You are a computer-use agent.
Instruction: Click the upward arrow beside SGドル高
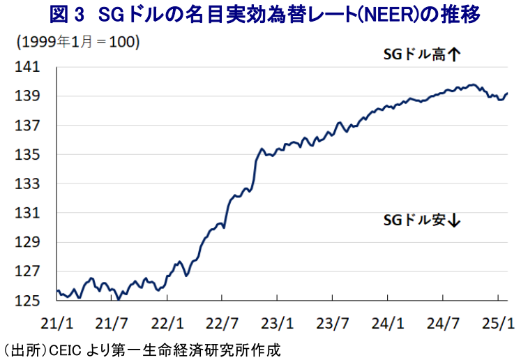pyautogui.click(x=455, y=54)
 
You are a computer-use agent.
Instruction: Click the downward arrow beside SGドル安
pyautogui.click(x=455, y=220)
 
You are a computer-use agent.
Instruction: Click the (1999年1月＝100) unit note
pyautogui.click(x=78, y=42)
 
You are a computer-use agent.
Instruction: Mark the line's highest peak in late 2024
pyautogui.click(x=474, y=84)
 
